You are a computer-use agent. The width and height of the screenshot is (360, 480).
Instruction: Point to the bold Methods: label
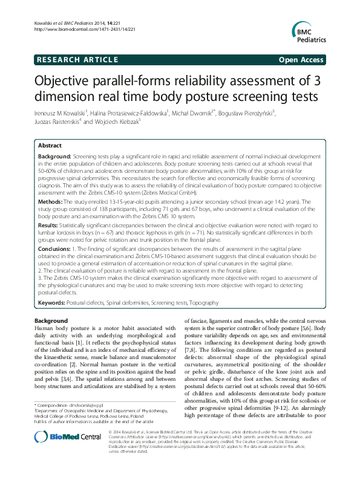tap(51, 200)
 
